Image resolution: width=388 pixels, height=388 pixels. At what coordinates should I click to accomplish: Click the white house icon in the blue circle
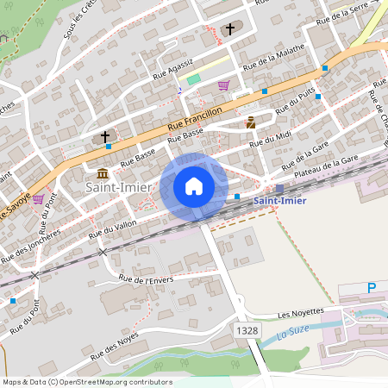pos(194,185)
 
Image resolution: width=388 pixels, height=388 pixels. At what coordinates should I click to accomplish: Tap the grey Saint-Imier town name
pos(118,186)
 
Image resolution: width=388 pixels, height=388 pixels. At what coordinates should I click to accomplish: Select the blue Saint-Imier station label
pos(279,202)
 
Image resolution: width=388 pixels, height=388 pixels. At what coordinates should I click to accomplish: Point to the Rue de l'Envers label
pos(146,278)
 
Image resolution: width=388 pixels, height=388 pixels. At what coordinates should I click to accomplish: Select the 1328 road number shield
pos(245,330)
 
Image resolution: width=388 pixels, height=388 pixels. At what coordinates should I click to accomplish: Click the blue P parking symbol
pos(372,288)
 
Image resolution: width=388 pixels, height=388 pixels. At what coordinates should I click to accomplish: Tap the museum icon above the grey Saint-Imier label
pos(103,172)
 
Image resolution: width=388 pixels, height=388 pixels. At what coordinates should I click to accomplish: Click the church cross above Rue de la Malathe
pos(229,30)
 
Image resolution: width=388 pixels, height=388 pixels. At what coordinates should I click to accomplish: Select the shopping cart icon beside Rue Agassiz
pos(223,85)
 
